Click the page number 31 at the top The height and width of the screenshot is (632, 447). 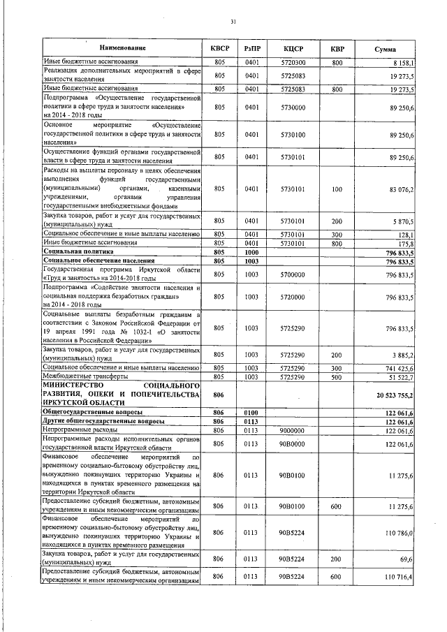pos(233,22)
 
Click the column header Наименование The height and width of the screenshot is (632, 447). pos(122,49)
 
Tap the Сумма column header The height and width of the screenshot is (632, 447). pos(386,49)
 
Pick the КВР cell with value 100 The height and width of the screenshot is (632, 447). pos(337,189)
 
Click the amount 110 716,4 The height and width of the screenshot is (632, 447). pos(398,576)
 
